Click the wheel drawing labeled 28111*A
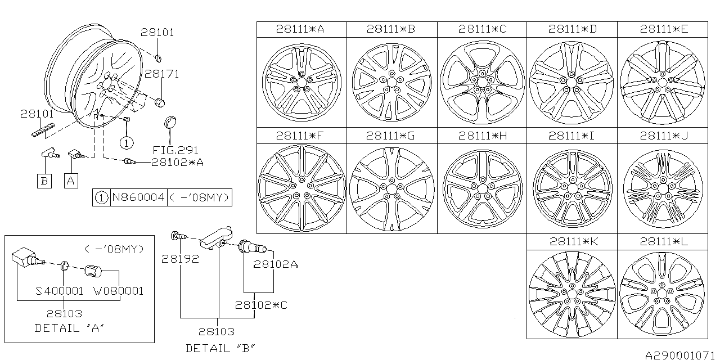pyautogui.click(x=301, y=82)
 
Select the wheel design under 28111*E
pyautogui.click(x=662, y=82)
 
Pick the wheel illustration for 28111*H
pyautogui.click(x=482, y=188)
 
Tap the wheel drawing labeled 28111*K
pyautogui.click(x=572, y=293)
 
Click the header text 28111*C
pyautogui.click(x=482, y=29)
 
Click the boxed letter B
pyautogui.click(x=44, y=181)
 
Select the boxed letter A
pyautogui.click(x=70, y=181)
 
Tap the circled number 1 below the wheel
pyautogui.click(x=127, y=143)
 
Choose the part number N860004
pyautogui.click(x=138, y=198)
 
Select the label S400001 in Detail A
pyautogui.click(x=59, y=291)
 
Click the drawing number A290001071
pyautogui.click(x=680, y=354)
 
